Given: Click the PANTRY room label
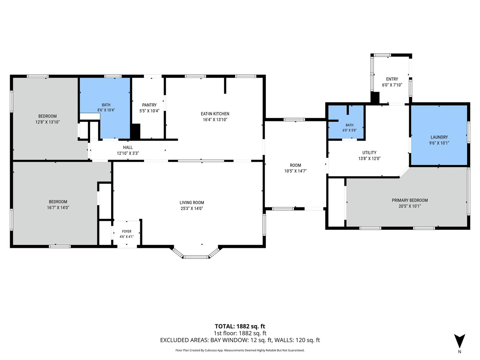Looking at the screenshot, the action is click(149, 105).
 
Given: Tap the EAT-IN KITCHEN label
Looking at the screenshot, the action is click(215, 114).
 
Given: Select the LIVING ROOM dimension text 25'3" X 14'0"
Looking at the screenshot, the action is click(192, 208).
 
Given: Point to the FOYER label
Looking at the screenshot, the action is click(127, 231).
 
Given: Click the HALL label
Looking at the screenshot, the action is click(128, 147).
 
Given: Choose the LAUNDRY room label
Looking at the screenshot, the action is click(439, 137).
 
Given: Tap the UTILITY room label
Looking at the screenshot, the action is click(369, 153).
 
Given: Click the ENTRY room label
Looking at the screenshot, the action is click(392, 79).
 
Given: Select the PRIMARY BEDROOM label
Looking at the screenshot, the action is click(409, 200).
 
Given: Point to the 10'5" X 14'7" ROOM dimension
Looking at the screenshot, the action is click(295, 171).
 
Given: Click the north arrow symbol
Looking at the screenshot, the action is click(459, 341).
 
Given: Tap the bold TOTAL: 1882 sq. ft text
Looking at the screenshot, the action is click(240, 326).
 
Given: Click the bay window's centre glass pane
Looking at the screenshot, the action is click(196, 257).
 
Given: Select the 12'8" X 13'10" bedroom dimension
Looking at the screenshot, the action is click(48, 122).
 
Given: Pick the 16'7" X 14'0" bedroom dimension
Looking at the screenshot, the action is click(58, 208).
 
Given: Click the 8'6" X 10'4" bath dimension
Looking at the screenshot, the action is click(106, 110).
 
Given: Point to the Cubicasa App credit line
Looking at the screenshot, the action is click(240, 350).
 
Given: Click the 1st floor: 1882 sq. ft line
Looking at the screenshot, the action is click(240, 333).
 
